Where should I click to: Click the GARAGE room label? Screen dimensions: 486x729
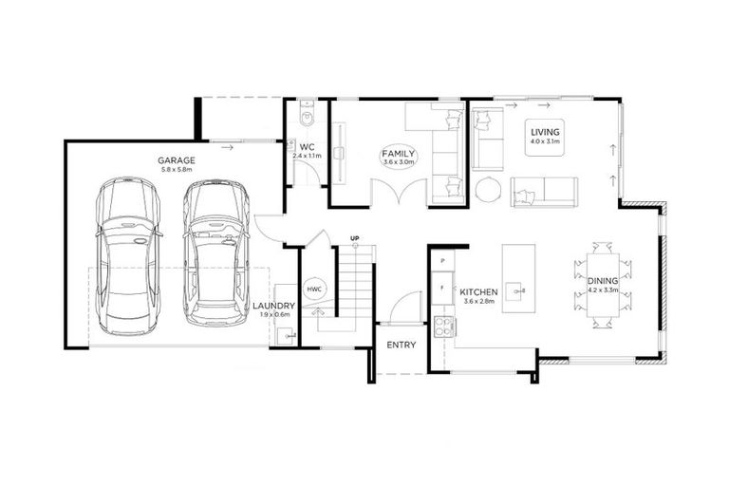(x=177, y=160)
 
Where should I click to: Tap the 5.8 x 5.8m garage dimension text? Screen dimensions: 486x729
(x=177, y=170)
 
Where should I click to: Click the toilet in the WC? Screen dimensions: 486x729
(x=305, y=117)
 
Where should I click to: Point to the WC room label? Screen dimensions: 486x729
(x=307, y=148)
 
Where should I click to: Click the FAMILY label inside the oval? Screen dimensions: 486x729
(x=399, y=153)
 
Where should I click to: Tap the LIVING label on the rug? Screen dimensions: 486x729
(x=545, y=132)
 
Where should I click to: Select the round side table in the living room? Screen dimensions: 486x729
(x=488, y=190)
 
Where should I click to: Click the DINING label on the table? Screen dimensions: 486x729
(x=602, y=281)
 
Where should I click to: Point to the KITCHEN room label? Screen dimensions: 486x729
(x=479, y=292)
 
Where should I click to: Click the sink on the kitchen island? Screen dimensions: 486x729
(x=515, y=289)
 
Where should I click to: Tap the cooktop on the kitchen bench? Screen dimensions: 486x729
(x=443, y=327)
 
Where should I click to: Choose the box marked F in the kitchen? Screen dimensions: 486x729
(x=442, y=284)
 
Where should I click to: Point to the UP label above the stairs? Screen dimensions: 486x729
(x=354, y=237)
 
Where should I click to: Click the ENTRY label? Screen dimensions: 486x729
(x=401, y=345)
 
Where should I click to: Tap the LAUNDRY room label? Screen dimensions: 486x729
(x=274, y=306)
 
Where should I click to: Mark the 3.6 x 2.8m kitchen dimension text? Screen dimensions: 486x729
(x=479, y=302)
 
